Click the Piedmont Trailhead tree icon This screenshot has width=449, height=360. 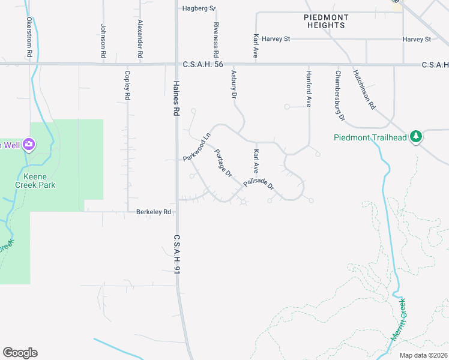416,137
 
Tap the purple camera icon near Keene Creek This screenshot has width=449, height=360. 28,145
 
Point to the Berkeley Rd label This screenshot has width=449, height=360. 154,212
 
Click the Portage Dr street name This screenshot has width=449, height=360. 223,163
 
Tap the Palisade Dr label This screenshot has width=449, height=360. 259,185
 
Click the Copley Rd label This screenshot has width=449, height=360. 127,85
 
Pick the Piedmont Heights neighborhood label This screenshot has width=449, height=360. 324,22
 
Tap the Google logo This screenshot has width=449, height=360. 20,353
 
